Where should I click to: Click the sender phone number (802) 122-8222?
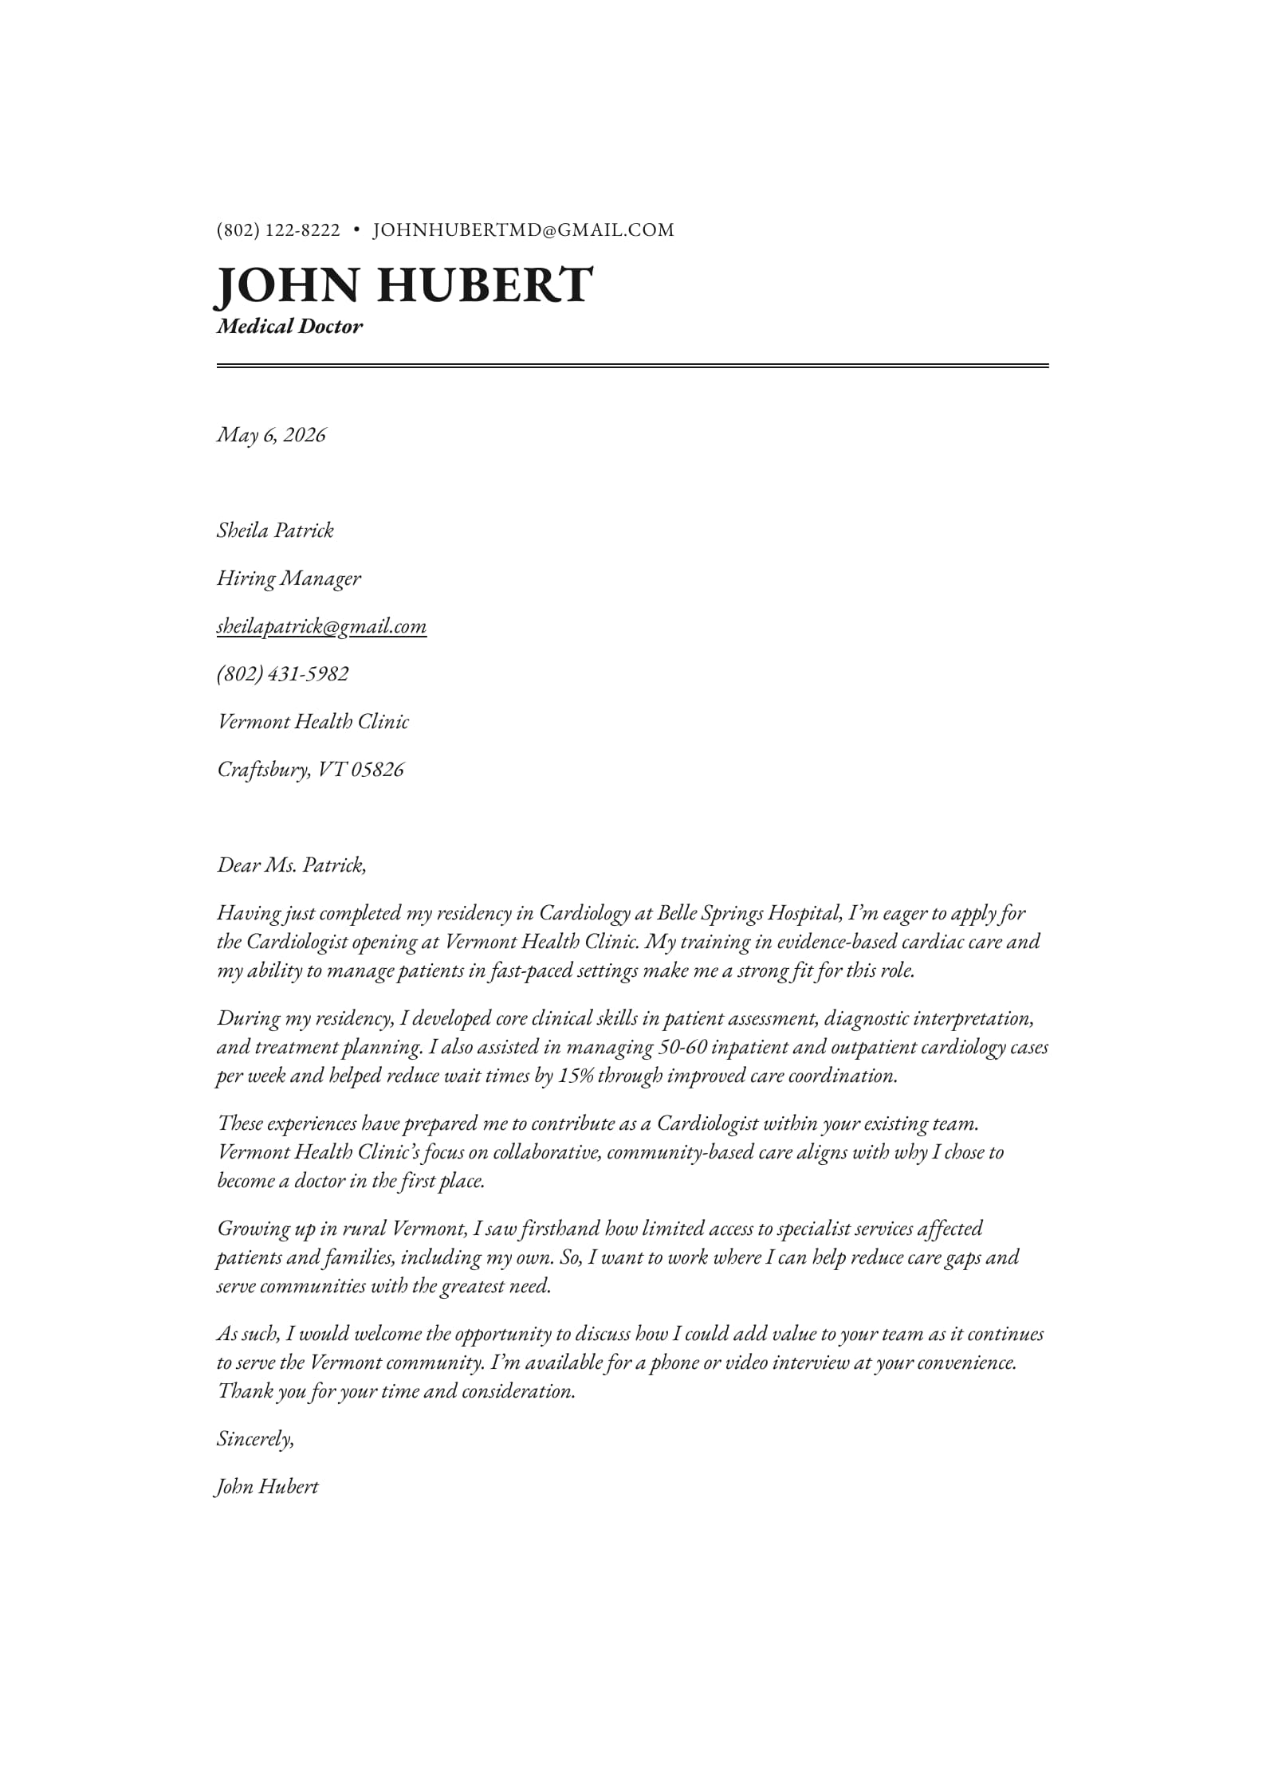tap(278, 230)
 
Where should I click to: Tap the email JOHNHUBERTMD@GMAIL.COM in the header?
tap(524, 230)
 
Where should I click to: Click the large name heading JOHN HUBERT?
tap(404, 284)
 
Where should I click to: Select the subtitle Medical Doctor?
tap(289, 326)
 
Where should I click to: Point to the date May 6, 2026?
tap(271, 434)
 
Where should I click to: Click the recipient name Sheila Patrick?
tap(275, 530)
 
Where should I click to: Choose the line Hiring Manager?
tap(289, 578)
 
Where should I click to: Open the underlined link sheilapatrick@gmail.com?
tap(321, 626)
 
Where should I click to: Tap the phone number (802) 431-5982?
tap(282, 673)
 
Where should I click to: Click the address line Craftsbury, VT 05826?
tap(310, 769)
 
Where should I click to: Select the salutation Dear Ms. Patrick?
tap(292, 865)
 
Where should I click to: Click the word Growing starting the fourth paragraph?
tap(254, 1229)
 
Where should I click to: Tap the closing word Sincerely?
tap(255, 1438)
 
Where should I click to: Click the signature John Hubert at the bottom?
tap(267, 1486)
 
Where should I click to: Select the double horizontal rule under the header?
tap(632, 366)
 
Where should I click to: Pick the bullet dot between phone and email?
tap(356, 230)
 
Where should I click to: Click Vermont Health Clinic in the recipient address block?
tap(313, 721)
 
